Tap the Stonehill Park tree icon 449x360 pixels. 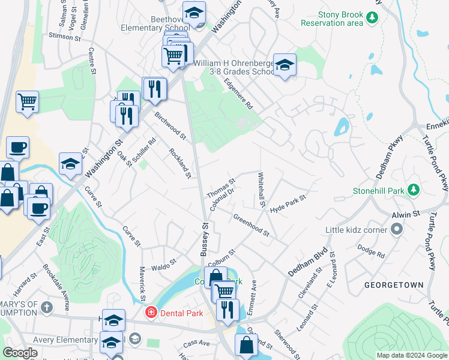(413, 190)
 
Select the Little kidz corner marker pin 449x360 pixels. (396, 229)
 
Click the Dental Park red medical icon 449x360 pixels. (151, 313)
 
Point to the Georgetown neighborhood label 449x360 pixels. (393, 284)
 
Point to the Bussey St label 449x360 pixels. (205, 239)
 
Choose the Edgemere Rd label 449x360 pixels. (239, 94)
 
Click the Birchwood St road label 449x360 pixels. (170, 125)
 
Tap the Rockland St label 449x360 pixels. (180, 163)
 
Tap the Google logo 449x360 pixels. (20, 353)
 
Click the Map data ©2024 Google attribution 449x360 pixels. (411, 355)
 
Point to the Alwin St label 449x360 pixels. (407, 214)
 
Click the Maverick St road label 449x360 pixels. (143, 283)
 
